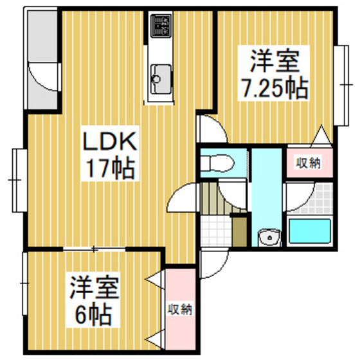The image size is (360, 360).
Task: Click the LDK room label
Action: pos(109,141)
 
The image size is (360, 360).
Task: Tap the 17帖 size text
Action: pos(110,168)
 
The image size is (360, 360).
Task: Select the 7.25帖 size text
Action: pos(274,88)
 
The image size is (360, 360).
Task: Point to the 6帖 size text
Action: pos(94,314)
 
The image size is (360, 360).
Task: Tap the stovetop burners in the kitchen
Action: pos(161,26)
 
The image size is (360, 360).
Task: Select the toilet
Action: pos(217,163)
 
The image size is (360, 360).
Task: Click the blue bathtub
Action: pos(309,231)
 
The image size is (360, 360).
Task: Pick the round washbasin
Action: pos(269,238)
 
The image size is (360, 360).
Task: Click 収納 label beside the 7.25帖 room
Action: pos(308,163)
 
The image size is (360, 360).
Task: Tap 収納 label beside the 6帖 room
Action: pos(180,309)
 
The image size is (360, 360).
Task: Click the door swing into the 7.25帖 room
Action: pos(213,129)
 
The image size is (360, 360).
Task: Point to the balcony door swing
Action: pos(44,77)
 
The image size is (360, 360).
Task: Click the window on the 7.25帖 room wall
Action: pos(341,85)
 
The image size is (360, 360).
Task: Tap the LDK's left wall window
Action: pos(19,180)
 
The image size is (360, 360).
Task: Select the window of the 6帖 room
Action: pos(25,283)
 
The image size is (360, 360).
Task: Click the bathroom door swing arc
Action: pos(299,196)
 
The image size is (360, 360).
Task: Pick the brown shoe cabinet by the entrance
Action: pos(239,231)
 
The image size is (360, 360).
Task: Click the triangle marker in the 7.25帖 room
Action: pos(321,136)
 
